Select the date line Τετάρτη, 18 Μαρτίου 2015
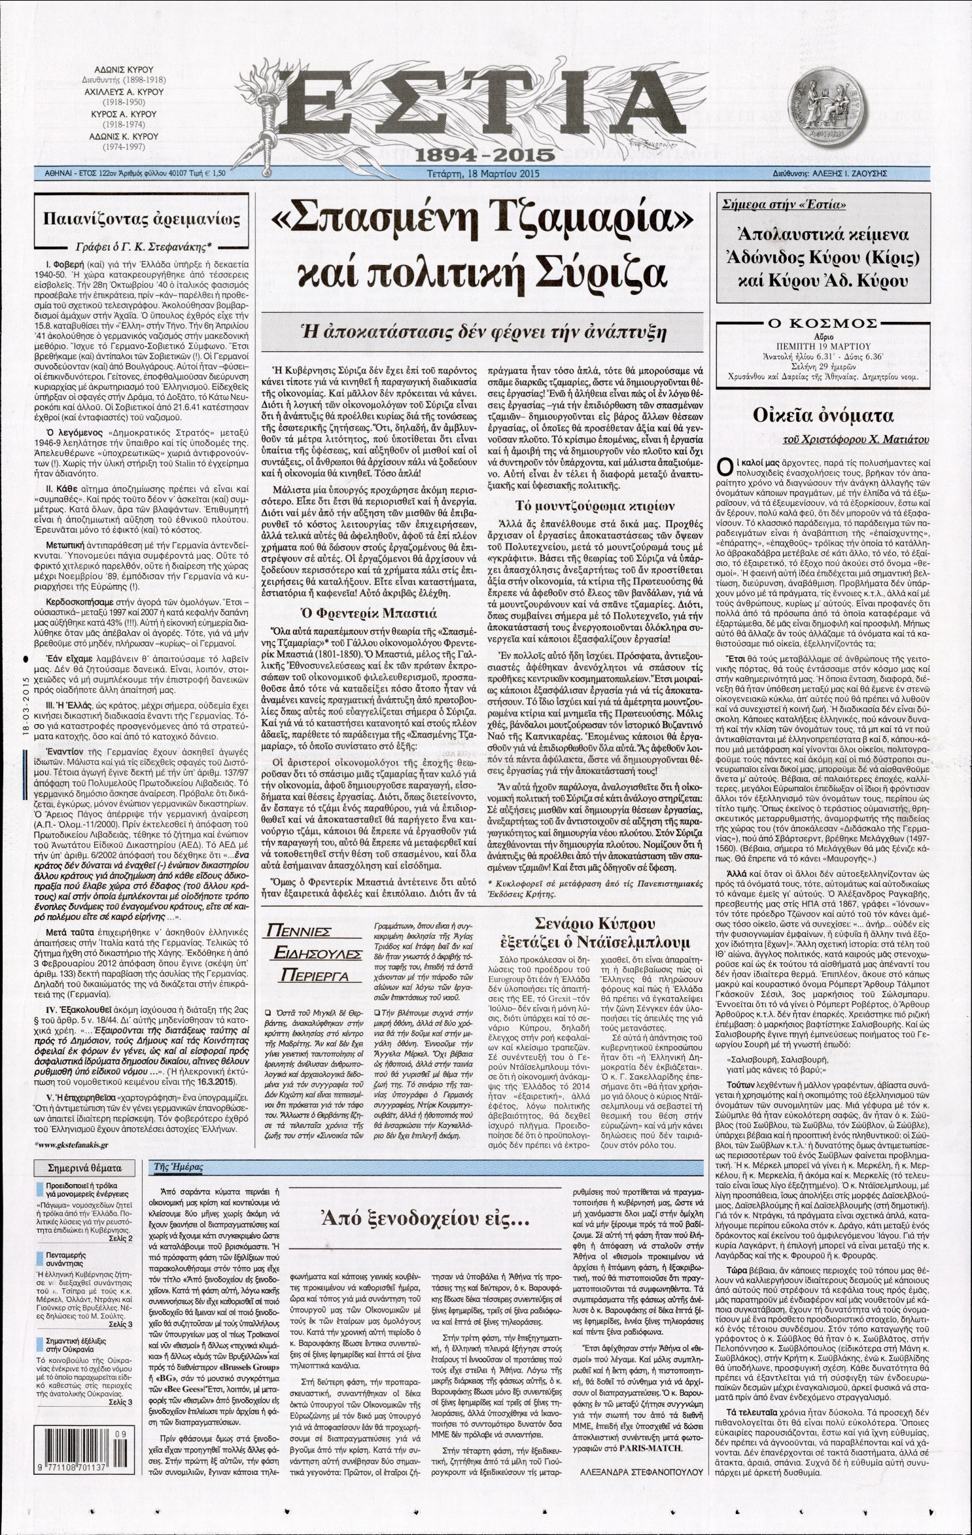482,175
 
